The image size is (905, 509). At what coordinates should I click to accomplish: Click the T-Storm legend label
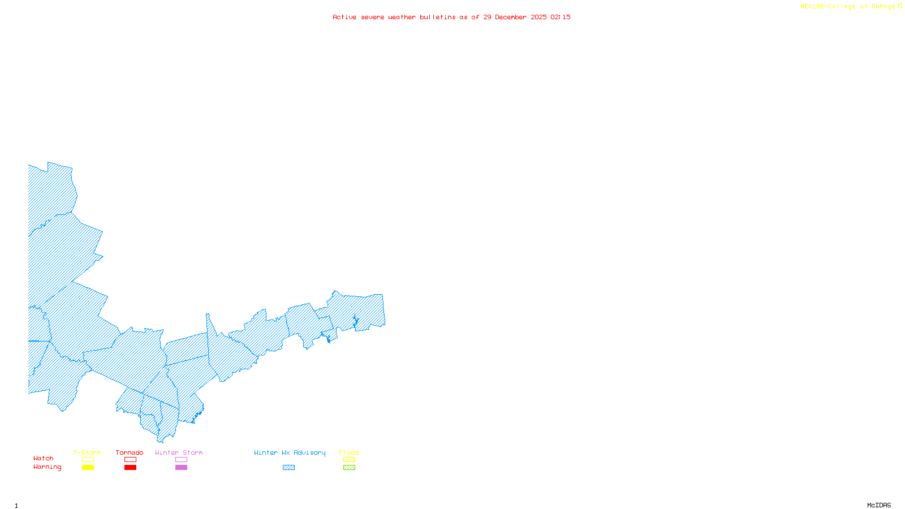coord(87,452)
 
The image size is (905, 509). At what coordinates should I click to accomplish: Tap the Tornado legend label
coord(130,452)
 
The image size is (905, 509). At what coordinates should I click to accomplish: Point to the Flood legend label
coord(349,452)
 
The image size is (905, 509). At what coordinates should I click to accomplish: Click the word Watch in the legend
coord(44,458)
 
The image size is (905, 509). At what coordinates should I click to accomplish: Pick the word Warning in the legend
coord(48,467)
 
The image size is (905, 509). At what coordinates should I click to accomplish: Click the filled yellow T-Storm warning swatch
coord(88,468)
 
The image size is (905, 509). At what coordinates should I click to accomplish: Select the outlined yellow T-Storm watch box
coord(88,460)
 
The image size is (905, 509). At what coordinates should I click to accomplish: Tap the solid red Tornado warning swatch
coord(130,468)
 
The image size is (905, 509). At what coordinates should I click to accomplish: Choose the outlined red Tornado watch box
coord(130,460)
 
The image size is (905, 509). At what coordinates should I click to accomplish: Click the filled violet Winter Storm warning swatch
coord(181,468)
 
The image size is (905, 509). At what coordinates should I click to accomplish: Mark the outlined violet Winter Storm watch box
coord(181,460)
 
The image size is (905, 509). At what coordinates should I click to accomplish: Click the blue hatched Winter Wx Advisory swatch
coord(288,468)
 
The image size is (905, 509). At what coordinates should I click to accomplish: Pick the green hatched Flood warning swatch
coord(349,468)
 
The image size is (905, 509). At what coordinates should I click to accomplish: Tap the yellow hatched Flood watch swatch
coord(349,460)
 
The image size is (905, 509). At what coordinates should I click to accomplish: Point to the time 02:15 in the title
coord(561,17)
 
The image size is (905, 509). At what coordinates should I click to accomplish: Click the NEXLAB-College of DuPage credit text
coord(847,7)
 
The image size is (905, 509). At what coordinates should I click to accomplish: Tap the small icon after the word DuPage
coord(900,6)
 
